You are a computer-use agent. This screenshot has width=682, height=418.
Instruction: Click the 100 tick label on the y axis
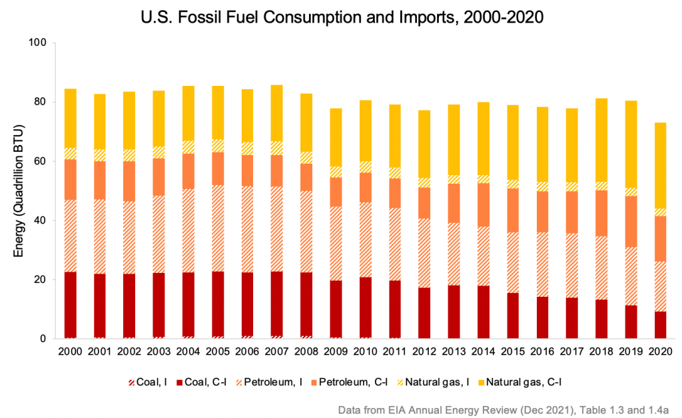pyautogui.click(x=39, y=43)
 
